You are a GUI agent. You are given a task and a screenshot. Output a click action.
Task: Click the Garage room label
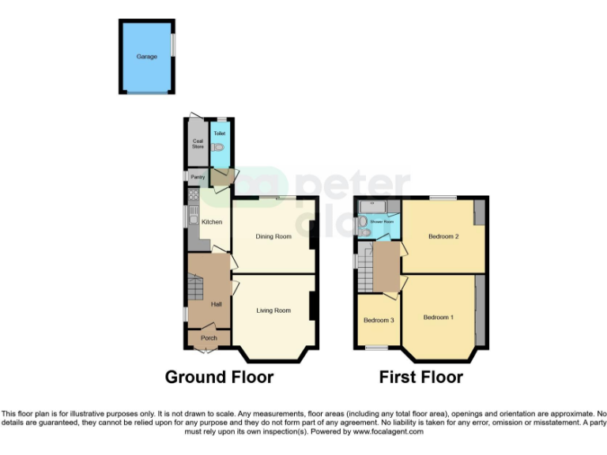[x=146, y=57]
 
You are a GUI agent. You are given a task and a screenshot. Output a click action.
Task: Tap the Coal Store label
[x=198, y=144]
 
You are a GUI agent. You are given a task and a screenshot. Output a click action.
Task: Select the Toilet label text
[x=219, y=133]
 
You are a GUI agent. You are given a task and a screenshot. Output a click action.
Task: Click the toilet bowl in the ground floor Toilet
[x=220, y=147]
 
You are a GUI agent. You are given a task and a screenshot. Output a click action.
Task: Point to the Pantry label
[x=197, y=177]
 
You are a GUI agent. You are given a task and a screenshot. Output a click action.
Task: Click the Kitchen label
[x=212, y=222]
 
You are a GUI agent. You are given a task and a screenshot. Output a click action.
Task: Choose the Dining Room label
[x=273, y=236]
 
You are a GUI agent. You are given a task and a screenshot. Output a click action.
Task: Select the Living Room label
[x=273, y=310]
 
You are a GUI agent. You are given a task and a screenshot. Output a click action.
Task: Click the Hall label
[x=215, y=304]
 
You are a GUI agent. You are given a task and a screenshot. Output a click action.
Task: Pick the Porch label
[x=209, y=338]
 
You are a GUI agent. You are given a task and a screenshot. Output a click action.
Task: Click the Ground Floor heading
[x=219, y=377]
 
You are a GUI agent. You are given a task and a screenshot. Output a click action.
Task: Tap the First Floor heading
[x=420, y=377]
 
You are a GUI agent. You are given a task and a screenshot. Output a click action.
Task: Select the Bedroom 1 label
[x=438, y=318]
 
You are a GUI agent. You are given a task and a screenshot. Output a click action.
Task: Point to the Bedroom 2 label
[x=443, y=236]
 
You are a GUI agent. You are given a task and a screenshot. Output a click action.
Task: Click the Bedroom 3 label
[x=378, y=320]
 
